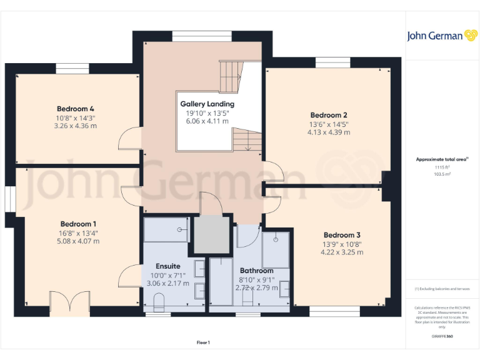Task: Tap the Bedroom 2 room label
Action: (x=329, y=115)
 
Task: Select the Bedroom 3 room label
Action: (x=342, y=235)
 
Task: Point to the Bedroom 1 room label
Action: (x=78, y=224)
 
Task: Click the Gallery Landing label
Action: (x=207, y=104)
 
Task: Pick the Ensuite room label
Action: (x=167, y=266)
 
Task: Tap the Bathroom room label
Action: (x=256, y=271)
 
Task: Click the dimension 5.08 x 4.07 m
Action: (x=78, y=241)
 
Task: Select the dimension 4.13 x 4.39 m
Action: (x=329, y=132)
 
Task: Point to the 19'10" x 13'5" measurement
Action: (x=207, y=113)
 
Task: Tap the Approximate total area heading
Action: (x=442, y=159)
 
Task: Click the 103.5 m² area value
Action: (x=442, y=174)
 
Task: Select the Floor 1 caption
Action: (x=203, y=342)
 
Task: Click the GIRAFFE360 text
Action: (x=442, y=336)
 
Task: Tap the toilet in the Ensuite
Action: (x=158, y=304)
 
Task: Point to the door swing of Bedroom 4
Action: (x=129, y=138)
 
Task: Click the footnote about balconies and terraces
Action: (x=442, y=289)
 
